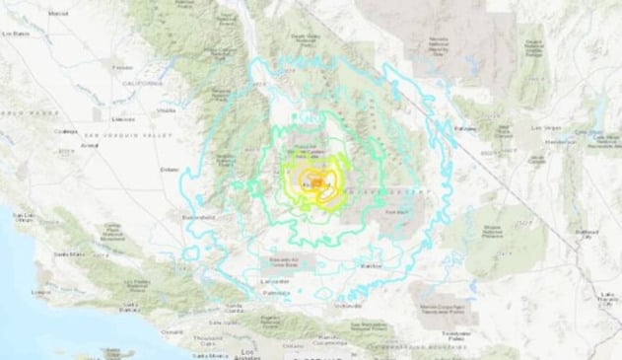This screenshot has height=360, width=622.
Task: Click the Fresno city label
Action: click(x=122, y=67)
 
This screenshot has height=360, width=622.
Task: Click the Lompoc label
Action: click(x=41, y=292)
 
